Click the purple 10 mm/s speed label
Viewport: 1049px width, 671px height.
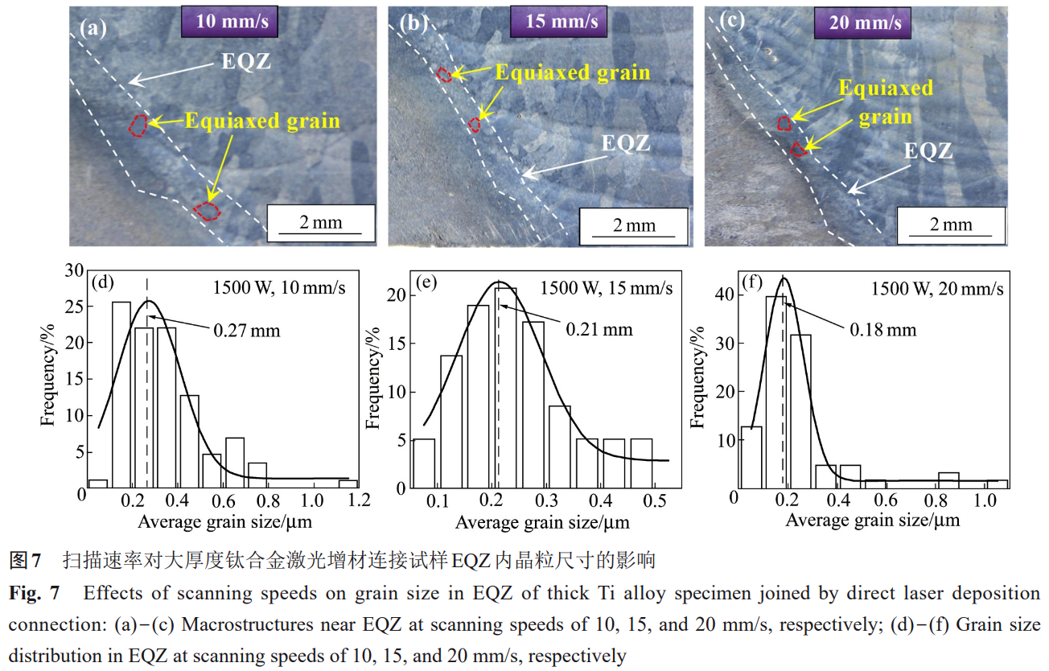tap(232, 22)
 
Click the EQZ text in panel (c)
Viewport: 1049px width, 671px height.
tap(928, 150)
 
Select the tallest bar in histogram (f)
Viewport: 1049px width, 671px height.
tap(775, 392)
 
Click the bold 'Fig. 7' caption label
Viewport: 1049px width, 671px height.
tap(34, 595)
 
